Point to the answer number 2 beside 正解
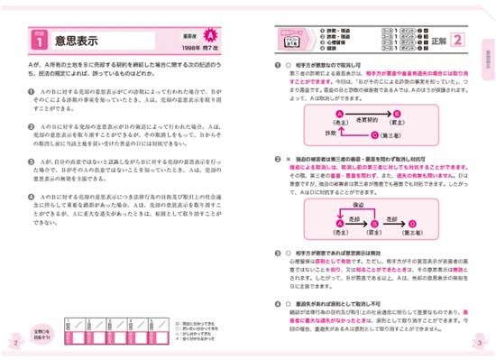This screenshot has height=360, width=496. [x=457, y=40]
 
